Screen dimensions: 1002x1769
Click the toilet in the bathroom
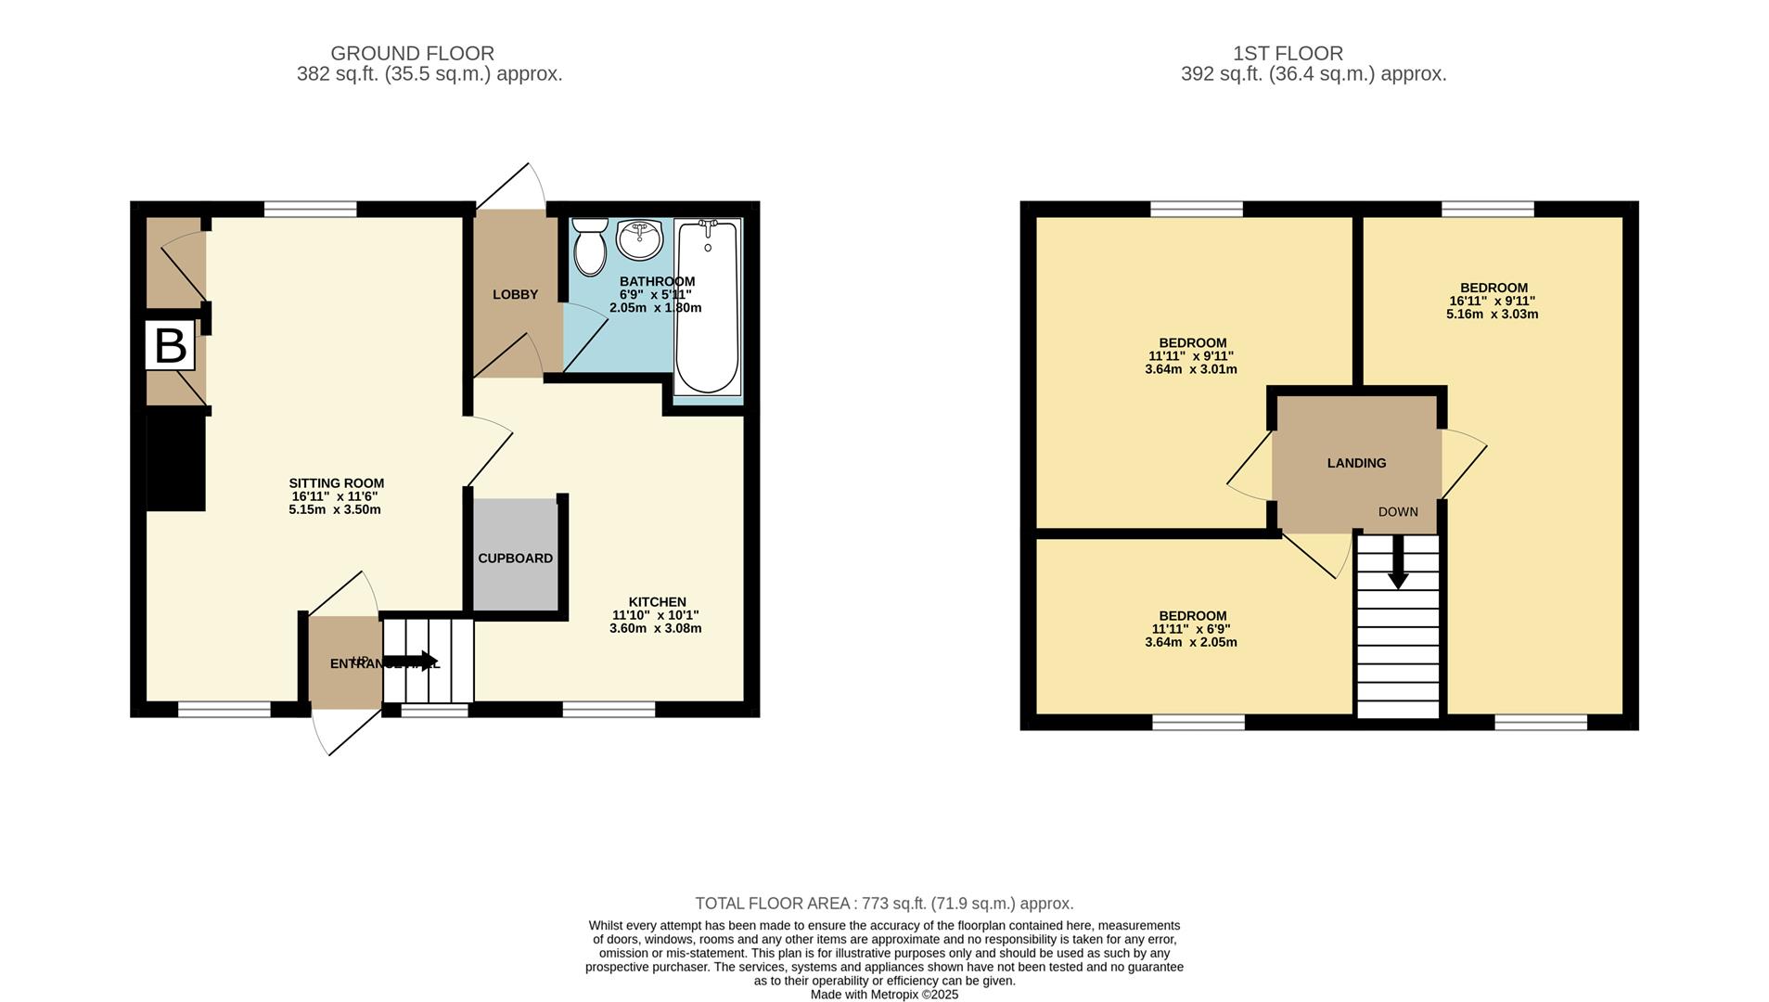click(589, 247)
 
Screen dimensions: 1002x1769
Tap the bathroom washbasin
click(639, 239)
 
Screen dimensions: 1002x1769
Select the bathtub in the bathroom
click(708, 306)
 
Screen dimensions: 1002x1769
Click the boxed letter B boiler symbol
click(170, 345)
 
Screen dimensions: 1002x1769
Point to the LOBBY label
click(515, 295)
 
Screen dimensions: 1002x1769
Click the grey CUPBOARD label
click(515, 559)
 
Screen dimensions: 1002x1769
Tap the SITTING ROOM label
click(336, 483)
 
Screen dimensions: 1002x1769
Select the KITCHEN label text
click(657, 602)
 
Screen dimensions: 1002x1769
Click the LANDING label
click(1356, 463)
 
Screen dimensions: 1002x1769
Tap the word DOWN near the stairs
click(1397, 512)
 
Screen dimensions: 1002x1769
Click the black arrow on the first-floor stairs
click(1397, 567)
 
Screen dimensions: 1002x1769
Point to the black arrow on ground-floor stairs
click(415, 662)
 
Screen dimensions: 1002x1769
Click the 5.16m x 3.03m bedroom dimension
click(1492, 315)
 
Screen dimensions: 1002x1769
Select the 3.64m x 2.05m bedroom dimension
click(1191, 642)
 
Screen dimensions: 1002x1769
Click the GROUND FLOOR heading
click(412, 54)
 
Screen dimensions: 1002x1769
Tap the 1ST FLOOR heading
click(1288, 54)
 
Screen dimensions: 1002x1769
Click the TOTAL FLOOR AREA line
click(884, 904)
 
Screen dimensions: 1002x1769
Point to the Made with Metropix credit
click(884, 995)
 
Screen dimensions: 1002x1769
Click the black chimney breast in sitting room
click(176, 462)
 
